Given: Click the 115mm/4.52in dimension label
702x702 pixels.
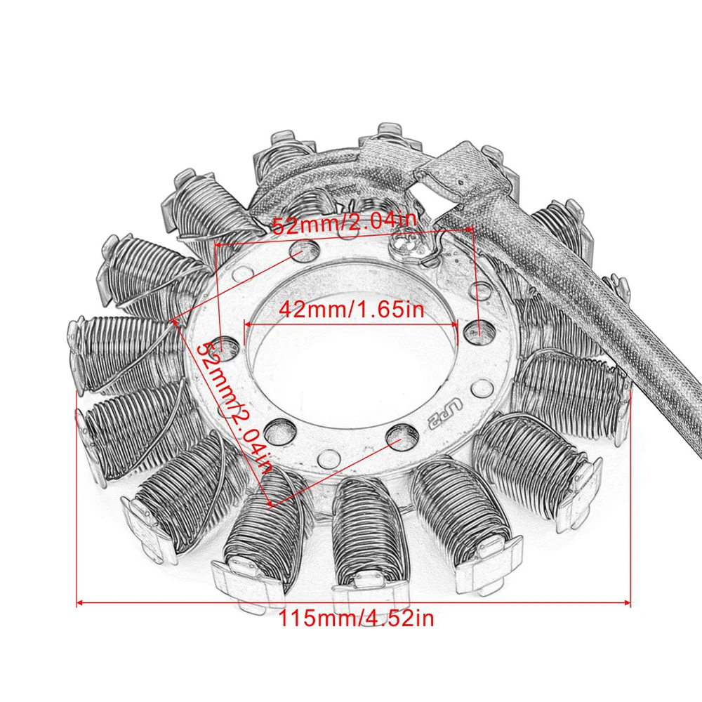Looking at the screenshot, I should point(356,619).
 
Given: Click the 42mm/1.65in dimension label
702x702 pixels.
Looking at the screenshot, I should point(351,310).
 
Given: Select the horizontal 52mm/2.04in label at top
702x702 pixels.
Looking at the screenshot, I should point(344,226).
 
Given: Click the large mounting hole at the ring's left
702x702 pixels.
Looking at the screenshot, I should point(225,346).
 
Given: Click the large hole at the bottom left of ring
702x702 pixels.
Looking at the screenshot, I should point(281,429).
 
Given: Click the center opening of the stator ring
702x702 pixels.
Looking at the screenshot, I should point(351,351).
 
